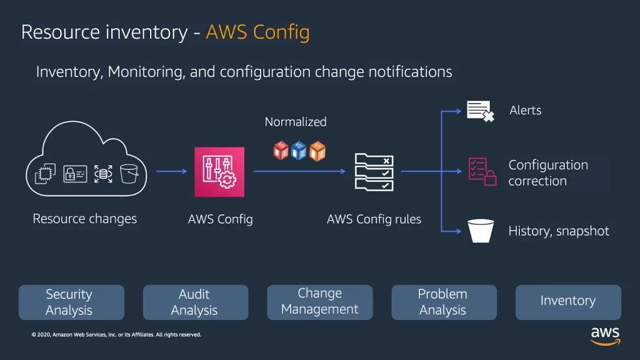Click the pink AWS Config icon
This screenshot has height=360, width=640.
pyautogui.click(x=219, y=172)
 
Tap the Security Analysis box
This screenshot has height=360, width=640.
pyautogui.click(x=71, y=302)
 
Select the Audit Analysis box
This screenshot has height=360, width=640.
pyautogui.click(x=195, y=302)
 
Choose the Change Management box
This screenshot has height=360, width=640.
pyautogui.click(x=319, y=302)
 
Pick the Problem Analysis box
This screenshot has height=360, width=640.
pyautogui.click(x=443, y=302)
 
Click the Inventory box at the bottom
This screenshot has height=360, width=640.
pyautogui.click(x=567, y=302)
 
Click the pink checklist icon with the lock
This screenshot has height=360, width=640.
pyautogui.click(x=482, y=171)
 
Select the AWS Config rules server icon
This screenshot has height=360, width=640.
pyautogui.click(x=374, y=172)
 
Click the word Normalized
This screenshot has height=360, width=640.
pyautogui.click(x=296, y=122)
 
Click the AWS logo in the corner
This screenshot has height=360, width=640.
pyautogui.click(x=605, y=334)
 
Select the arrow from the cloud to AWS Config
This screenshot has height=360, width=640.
pyautogui.click(x=171, y=171)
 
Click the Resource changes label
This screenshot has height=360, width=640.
pyautogui.click(x=84, y=219)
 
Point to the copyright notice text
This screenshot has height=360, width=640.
pyautogui.click(x=116, y=335)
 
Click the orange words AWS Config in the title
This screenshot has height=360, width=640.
pyautogui.click(x=257, y=32)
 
